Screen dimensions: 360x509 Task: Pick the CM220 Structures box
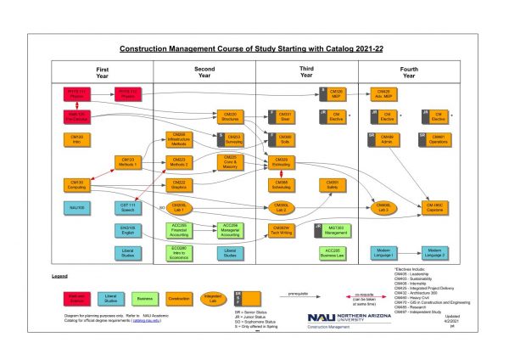point(229,115)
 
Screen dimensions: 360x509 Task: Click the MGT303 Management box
point(333,228)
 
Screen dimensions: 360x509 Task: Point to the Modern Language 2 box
point(437,252)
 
